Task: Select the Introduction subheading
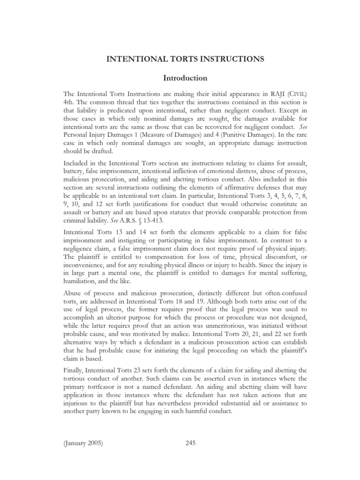180,78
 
